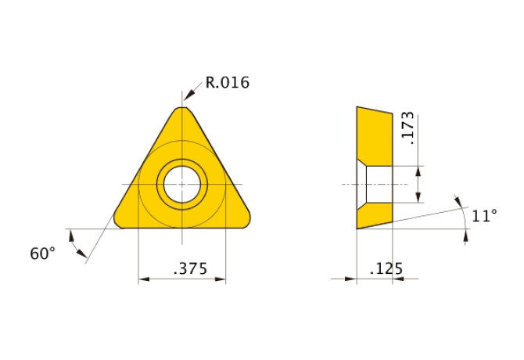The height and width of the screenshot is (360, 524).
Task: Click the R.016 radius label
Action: pyautogui.click(x=228, y=82)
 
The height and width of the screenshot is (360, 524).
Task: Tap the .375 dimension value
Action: pyautogui.click(x=191, y=268)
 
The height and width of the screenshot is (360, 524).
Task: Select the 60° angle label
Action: pyautogui.click(x=42, y=254)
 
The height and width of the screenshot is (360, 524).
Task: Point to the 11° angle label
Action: pyautogui.click(x=484, y=215)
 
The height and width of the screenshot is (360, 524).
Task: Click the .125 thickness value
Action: pyautogui.click(x=386, y=268)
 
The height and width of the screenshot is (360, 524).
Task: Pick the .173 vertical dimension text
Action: pyautogui.click(x=407, y=128)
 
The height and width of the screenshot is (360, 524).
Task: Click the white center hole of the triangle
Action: pyautogui.click(x=182, y=184)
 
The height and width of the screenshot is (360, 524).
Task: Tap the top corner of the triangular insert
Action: pyautogui.click(x=182, y=108)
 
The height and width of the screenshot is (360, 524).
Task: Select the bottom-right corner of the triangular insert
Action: pyautogui.click(x=248, y=223)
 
